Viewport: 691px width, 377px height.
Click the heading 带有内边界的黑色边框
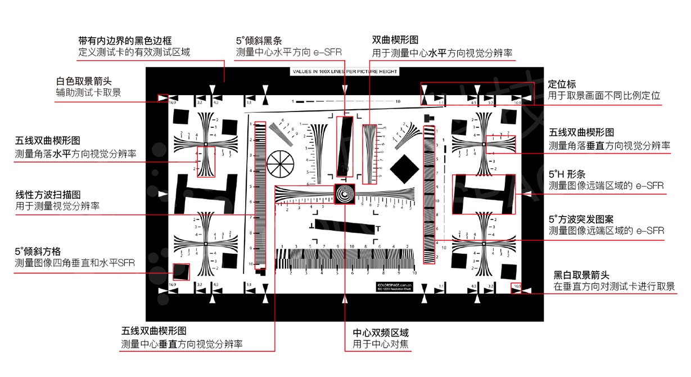click(x=125, y=41)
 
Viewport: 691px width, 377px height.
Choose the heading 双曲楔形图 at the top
click(x=395, y=41)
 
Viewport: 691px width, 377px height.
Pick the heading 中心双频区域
click(x=381, y=332)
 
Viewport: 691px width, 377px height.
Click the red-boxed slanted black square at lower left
click(x=180, y=272)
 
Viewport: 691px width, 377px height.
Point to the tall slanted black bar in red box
click(x=345, y=146)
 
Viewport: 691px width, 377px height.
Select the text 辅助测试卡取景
click(x=88, y=93)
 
